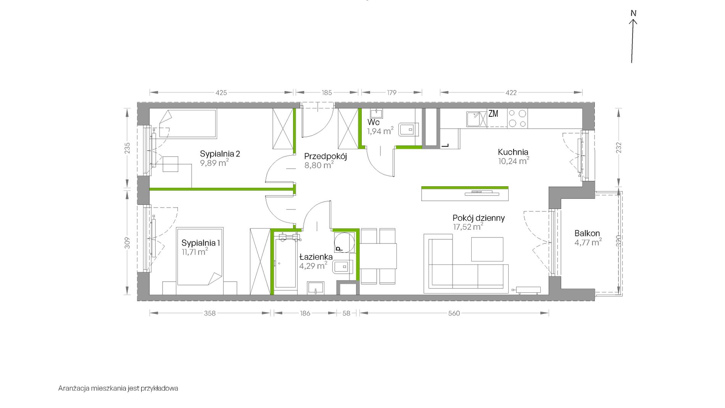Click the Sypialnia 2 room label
coord(220,154)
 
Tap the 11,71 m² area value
coord(195,252)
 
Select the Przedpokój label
coord(325,156)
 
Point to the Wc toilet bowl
coord(409,130)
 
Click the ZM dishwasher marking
coord(493,113)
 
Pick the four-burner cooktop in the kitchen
coord(517,118)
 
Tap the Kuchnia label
coord(513,152)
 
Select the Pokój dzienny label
coord(478,218)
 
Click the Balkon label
coord(587,233)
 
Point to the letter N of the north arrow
coord(633,13)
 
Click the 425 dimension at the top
coord(221,92)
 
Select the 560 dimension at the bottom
coord(454,313)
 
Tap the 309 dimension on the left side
coord(127,243)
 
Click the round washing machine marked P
coord(344,242)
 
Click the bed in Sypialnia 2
coord(188,123)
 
